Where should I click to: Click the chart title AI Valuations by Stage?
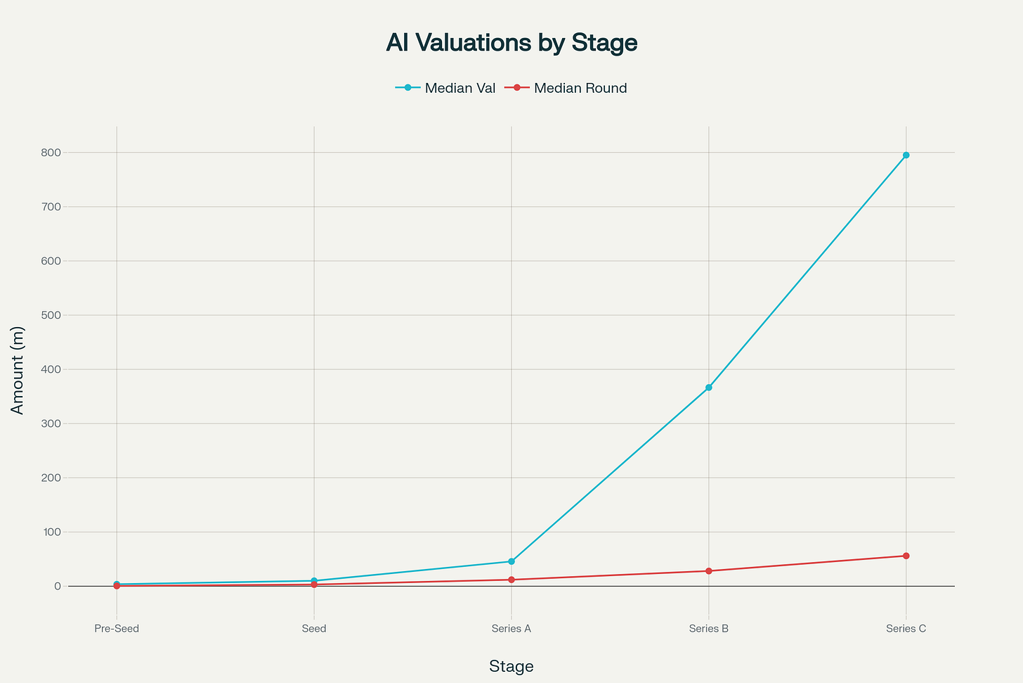pos(511,43)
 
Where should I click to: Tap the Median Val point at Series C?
pos(906,155)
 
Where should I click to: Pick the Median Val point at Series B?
pos(708,388)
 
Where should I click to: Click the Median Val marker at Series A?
pos(511,561)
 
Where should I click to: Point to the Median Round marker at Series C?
pos(906,556)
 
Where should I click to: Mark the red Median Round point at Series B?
pos(708,570)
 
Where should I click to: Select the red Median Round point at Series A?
pos(511,580)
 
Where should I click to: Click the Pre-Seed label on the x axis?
pos(117,628)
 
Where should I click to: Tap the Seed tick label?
pos(314,628)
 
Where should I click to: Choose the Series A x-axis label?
pos(511,628)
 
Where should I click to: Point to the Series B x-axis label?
pos(708,628)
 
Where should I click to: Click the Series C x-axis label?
pos(906,628)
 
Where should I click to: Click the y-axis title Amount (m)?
pos(18,370)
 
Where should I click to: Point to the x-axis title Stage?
pos(511,666)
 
